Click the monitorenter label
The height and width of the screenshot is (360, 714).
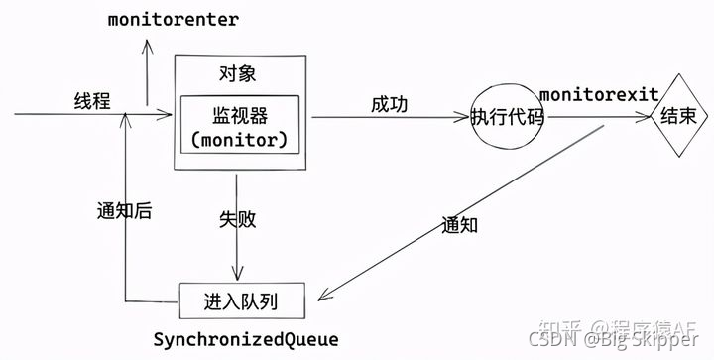173,20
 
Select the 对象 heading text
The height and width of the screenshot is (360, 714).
237,73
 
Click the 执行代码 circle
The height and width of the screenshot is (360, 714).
509,116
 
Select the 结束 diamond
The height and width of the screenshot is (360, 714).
684,116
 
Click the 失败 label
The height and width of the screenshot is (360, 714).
239,218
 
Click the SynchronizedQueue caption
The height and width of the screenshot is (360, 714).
245,339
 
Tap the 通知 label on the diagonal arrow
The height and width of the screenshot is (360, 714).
459,224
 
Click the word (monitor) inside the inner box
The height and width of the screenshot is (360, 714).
243,140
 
